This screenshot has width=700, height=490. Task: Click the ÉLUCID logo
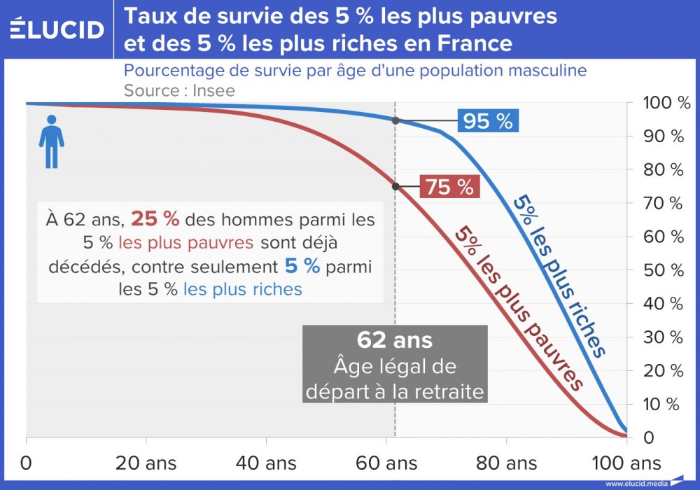click(57, 29)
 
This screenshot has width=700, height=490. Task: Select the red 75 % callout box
click(449, 187)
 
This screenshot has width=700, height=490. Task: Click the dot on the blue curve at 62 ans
click(395, 120)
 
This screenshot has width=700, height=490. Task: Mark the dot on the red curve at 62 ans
click(395, 186)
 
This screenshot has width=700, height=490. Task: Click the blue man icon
click(51, 142)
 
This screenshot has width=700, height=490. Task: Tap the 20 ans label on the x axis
click(146, 463)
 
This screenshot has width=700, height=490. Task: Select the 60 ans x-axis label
click(386, 463)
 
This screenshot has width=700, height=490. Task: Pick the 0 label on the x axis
click(27, 463)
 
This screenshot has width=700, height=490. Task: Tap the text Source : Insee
click(179, 90)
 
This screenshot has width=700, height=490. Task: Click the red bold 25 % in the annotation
click(155, 219)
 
